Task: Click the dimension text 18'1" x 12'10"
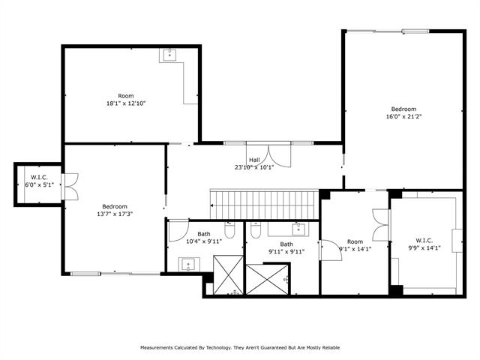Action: click(126, 103)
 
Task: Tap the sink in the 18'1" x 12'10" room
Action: click(169, 55)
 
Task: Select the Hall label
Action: click(254, 160)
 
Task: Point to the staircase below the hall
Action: click(265, 205)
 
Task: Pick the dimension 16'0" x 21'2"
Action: click(404, 117)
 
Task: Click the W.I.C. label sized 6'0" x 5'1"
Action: click(39, 177)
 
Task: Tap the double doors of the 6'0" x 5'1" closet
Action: click(70, 187)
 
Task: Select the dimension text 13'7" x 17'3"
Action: click(115, 214)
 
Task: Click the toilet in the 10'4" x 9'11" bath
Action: click(229, 229)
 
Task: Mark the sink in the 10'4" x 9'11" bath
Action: click(189, 264)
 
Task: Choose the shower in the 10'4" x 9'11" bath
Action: click(228, 274)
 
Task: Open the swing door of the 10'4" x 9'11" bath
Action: click(178, 230)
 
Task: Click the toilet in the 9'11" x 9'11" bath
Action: click(255, 229)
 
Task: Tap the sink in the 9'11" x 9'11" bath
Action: click(298, 229)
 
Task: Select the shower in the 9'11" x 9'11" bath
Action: click(268, 280)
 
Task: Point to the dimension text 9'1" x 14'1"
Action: click(355, 249)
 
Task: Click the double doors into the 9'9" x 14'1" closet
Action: click(381, 225)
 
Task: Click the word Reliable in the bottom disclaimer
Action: click(330, 348)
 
